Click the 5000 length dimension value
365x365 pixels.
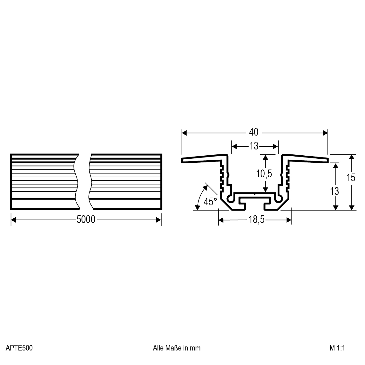point(86,220)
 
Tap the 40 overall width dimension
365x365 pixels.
point(254,132)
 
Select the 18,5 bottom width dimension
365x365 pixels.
point(255,220)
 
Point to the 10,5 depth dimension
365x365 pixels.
point(264,174)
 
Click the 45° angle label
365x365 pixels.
point(210,202)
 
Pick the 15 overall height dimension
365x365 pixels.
point(351,178)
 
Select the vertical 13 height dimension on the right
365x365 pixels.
point(334,191)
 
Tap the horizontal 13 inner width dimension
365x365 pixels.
point(254,146)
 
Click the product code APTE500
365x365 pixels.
point(19,348)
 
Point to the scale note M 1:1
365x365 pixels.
point(337,348)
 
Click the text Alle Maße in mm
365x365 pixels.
point(177,348)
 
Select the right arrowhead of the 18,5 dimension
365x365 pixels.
point(289,220)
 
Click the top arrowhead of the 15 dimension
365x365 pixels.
point(351,157)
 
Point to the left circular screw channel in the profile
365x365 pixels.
point(230,199)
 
